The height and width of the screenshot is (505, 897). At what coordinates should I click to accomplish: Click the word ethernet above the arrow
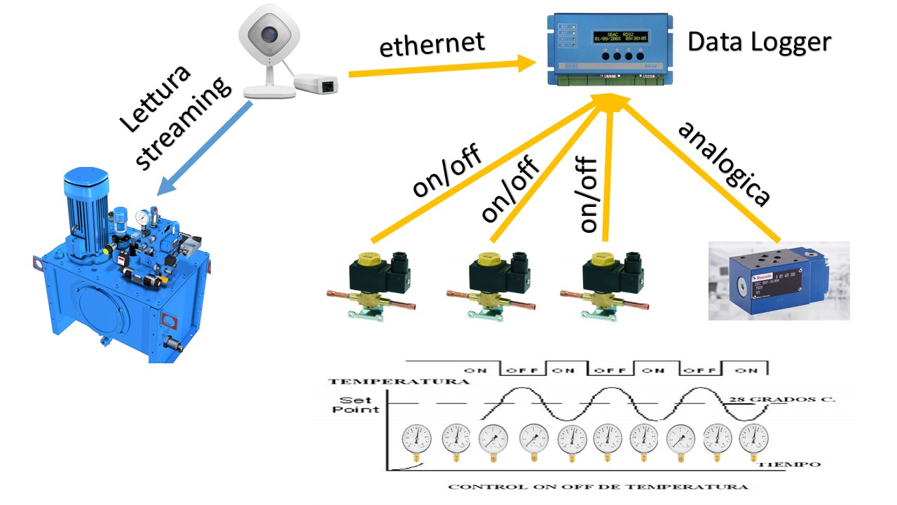(x=432, y=44)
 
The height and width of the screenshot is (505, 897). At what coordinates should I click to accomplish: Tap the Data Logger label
(x=758, y=42)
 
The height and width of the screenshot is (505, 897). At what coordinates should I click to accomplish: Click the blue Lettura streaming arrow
(x=204, y=148)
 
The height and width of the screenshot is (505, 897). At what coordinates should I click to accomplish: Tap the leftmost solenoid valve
(x=371, y=278)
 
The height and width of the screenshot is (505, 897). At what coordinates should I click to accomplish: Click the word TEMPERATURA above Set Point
(x=399, y=382)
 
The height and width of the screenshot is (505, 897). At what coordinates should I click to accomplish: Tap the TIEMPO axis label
(x=790, y=464)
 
